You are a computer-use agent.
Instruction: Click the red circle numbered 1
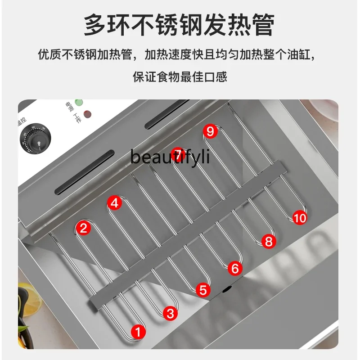coord(139,332)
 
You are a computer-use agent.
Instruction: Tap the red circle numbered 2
coord(83,228)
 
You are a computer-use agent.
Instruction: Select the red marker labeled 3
coord(170,313)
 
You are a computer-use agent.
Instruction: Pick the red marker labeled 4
coord(115,203)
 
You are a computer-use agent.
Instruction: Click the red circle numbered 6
coord(235,269)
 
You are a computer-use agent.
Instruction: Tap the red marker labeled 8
coord(268,241)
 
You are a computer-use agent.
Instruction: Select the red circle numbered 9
coord(210,131)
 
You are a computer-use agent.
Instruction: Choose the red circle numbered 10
coord(300,218)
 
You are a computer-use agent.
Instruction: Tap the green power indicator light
coord(79,103)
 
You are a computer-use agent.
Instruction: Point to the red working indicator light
coord(88,113)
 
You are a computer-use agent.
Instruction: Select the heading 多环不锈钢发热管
coord(179,25)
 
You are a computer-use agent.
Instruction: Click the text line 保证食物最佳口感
coord(180,76)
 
